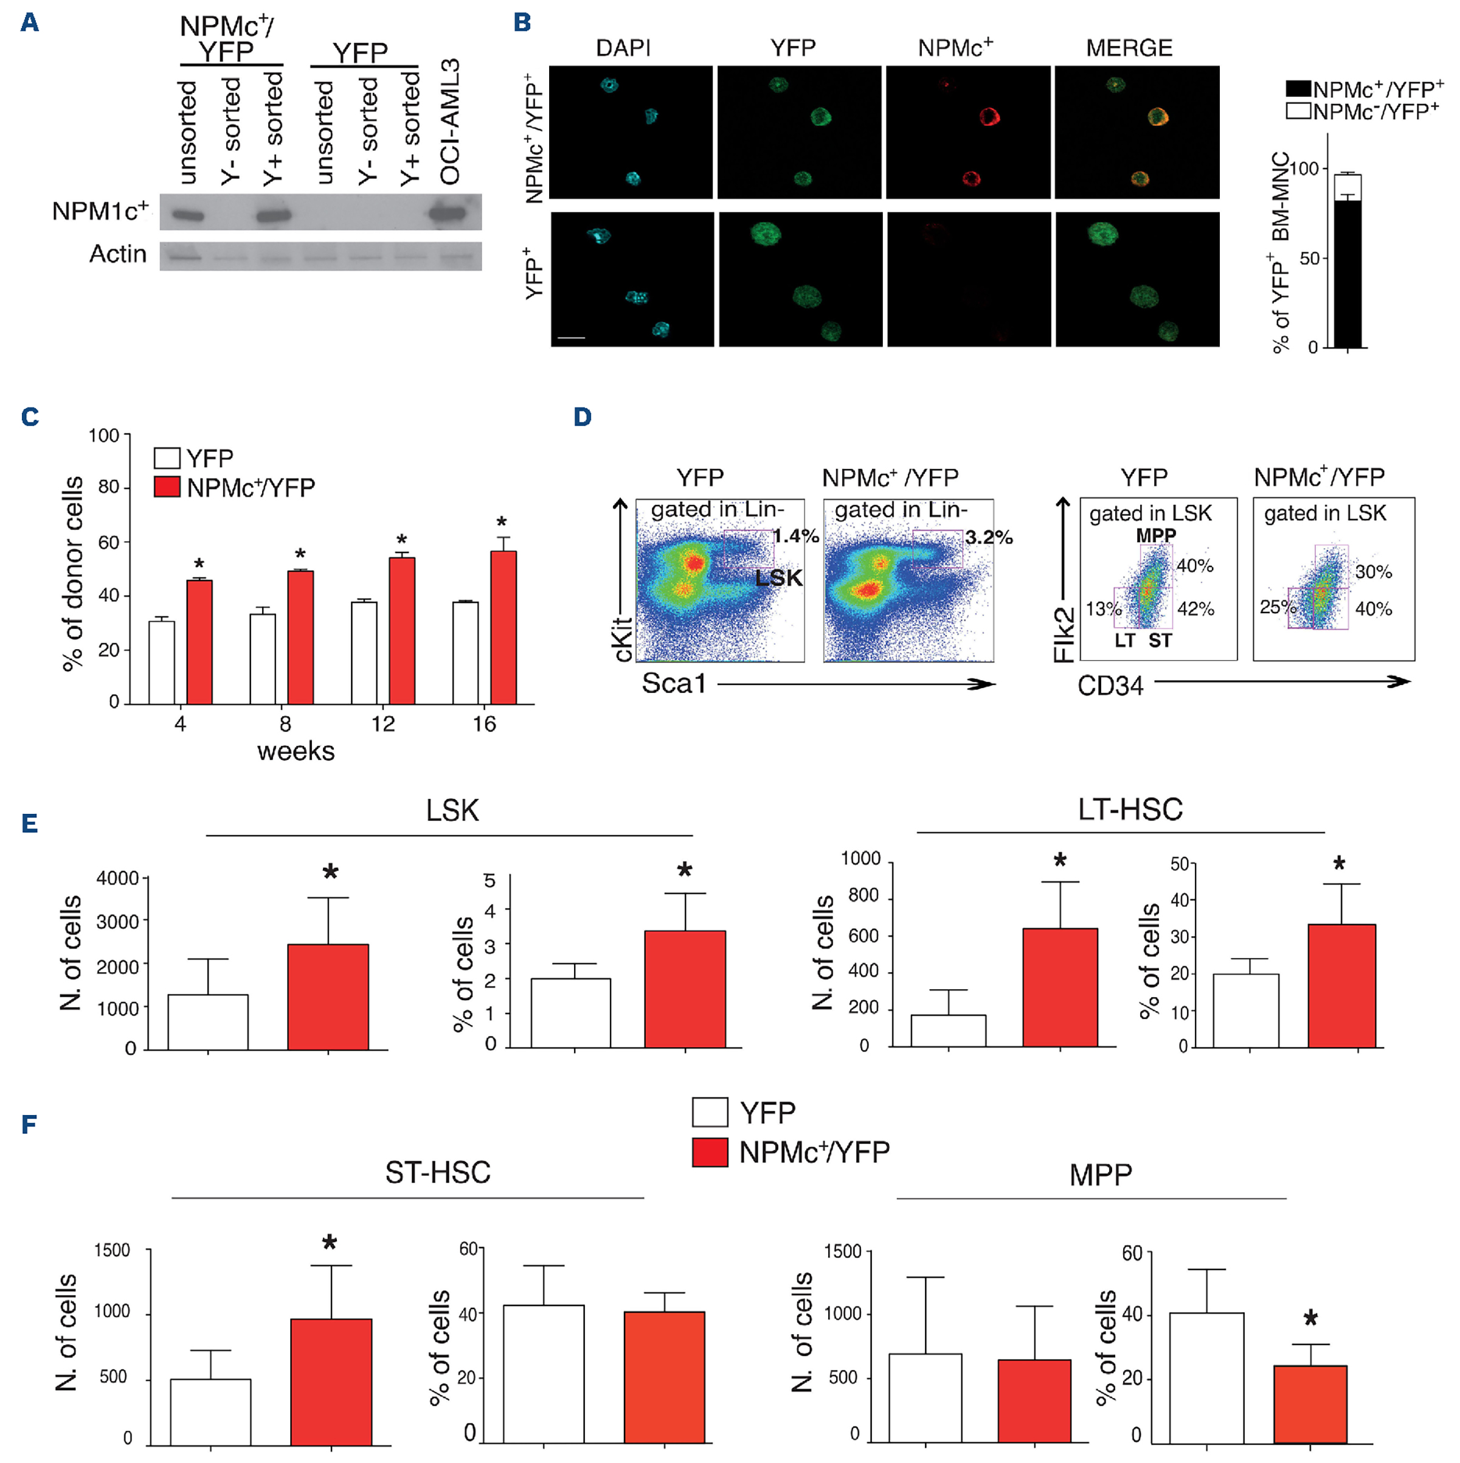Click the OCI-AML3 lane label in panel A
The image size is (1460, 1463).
coord(451,121)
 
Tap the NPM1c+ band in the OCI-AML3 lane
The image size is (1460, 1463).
coord(448,214)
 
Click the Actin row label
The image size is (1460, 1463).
coord(117,254)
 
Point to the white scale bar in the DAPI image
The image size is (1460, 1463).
coord(572,337)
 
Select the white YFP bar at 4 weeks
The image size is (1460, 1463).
coord(162,662)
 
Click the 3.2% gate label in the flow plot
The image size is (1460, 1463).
coord(989,538)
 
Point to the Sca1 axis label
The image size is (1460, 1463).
coord(674,683)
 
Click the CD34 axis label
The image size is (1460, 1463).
coord(1110,686)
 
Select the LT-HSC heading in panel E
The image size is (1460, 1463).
coord(1129,810)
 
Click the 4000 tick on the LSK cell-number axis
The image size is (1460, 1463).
coord(118,878)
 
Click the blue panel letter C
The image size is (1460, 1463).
coord(30,417)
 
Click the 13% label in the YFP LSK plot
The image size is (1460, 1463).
coord(1103,608)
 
